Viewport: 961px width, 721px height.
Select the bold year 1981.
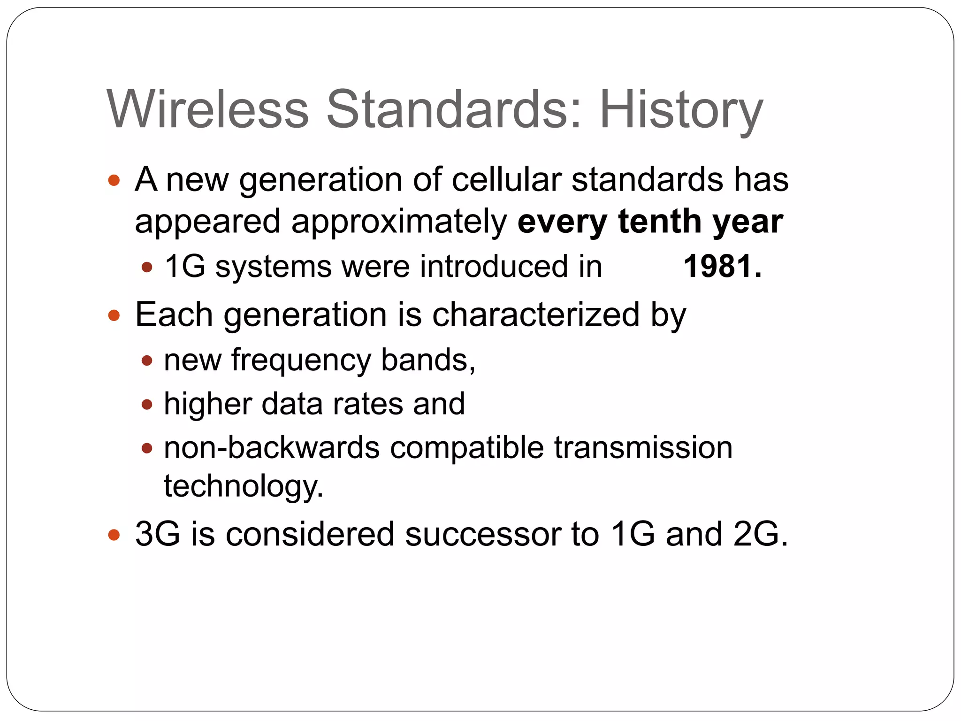(722, 267)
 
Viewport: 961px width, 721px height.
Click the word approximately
(399, 222)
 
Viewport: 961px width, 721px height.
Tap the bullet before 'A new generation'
(114, 180)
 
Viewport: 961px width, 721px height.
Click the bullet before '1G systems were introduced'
(147, 268)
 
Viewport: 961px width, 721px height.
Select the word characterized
(536, 314)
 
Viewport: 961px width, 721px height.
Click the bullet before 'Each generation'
(114, 315)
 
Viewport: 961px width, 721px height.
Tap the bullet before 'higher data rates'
(147, 404)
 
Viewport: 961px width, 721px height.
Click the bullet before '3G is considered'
(114, 535)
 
